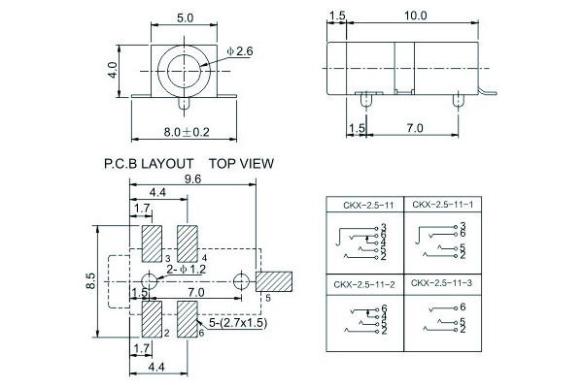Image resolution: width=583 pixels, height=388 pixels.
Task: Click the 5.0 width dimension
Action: coord(184,16)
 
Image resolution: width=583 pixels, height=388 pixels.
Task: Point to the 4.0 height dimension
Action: coord(114,70)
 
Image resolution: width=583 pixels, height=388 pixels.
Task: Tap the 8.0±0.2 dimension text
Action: coord(186,132)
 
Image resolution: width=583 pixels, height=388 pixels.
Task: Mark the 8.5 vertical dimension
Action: coord(89,280)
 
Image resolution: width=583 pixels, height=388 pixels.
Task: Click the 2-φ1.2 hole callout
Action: coord(186,268)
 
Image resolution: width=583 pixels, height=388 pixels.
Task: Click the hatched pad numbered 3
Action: coord(153,242)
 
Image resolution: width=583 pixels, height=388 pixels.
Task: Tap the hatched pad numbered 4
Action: coord(188,242)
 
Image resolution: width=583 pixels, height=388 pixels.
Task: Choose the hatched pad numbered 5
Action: coord(275,280)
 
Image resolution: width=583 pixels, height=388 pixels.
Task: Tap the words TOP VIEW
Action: coord(241,164)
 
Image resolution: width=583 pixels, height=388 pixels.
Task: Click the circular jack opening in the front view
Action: coord(185,70)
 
